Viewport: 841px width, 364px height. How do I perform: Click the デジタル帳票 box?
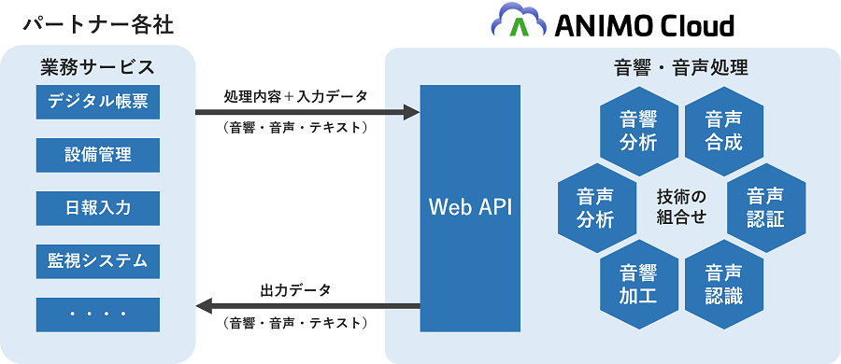[97, 102]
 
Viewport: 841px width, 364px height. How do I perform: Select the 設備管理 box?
[97, 155]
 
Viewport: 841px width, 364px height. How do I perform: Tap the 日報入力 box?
[97, 208]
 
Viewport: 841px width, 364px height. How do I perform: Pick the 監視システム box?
[97, 261]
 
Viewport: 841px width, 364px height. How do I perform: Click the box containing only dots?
[97, 315]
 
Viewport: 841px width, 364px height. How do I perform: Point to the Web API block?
[470, 208]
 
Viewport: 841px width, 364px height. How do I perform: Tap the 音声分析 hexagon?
[596, 208]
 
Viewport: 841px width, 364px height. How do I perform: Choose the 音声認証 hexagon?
[766, 208]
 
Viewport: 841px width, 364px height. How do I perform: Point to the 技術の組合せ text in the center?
[681, 207]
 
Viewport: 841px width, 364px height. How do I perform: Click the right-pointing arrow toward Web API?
[307, 113]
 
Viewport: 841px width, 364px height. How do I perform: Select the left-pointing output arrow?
[307, 307]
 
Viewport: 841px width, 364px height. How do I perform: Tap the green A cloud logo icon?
[519, 21]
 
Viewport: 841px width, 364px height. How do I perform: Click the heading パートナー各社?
[98, 25]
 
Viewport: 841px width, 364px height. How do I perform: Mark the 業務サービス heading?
[97, 67]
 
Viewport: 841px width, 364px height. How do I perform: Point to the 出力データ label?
[295, 290]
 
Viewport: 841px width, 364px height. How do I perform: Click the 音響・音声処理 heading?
[680, 67]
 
